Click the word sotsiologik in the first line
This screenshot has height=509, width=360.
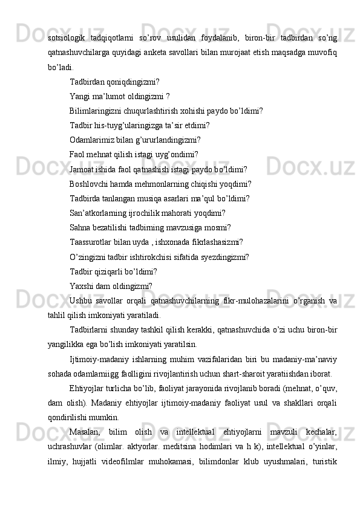67,39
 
